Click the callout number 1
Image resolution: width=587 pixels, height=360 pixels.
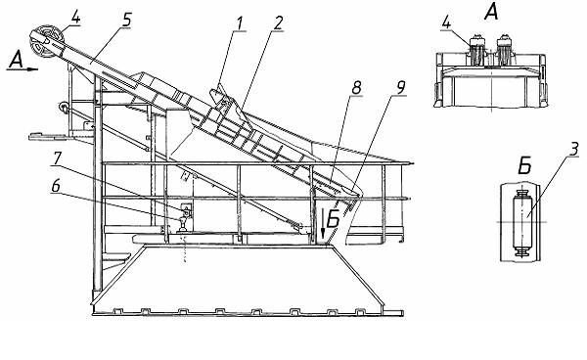click(239, 23)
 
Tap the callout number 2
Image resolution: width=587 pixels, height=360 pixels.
click(277, 23)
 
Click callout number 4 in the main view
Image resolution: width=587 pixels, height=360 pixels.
click(75, 17)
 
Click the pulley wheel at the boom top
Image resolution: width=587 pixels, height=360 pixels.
click(47, 41)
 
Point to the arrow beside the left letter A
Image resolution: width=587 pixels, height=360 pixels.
click(31, 68)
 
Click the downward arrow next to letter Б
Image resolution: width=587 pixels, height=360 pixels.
click(323, 224)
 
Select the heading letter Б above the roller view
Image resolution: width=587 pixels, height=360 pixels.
click(524, 165)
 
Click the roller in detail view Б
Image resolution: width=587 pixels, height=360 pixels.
click(521, 223)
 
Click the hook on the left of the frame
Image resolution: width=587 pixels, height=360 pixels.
click(63, 107)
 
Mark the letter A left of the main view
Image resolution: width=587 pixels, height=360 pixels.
click(16, 60)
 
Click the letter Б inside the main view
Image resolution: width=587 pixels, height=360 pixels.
click(333, 219)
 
